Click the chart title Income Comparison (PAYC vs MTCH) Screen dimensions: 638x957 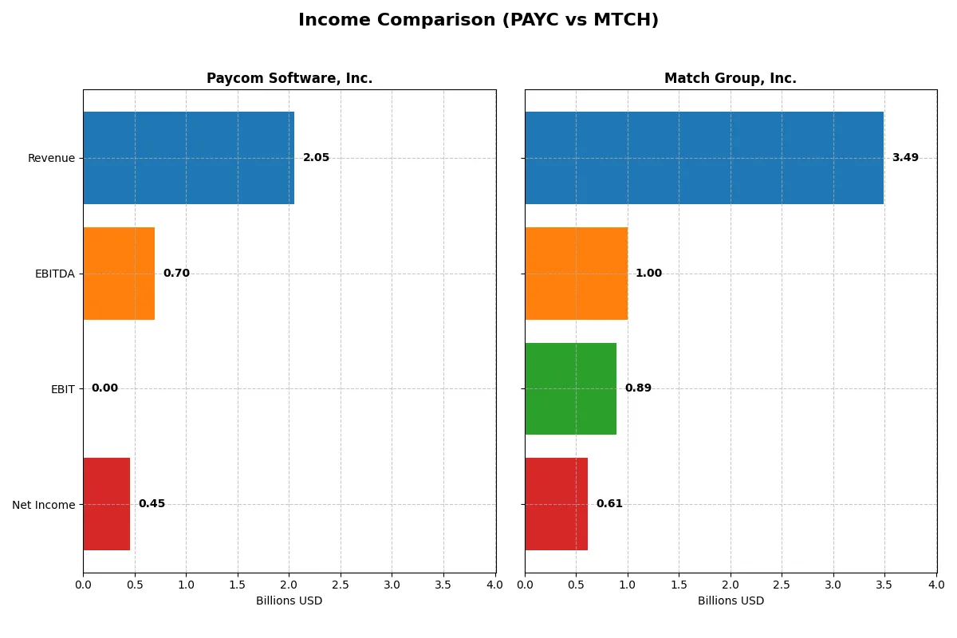[478, 21]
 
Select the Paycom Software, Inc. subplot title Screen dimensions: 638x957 [289, 79]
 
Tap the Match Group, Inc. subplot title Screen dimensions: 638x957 [731, 79]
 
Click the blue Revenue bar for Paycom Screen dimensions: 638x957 [188, 158]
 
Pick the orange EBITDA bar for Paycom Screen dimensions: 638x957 [119, 274]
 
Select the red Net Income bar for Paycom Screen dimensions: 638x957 [106, 504]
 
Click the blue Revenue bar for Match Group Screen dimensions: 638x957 [704, 158]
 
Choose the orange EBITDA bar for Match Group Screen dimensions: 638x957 [576, 274]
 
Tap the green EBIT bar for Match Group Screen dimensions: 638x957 [570, 388]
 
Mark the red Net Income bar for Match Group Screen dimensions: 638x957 [556, 504]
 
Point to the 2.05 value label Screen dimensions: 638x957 [316, 158]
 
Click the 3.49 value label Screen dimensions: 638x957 [905, 158]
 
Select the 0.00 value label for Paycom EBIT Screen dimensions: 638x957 [104, 388]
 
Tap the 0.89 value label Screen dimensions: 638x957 [638, 388]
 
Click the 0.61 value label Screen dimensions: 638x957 [609, 504]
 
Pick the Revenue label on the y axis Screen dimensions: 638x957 [51, 159]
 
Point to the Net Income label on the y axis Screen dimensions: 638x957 [43, 505]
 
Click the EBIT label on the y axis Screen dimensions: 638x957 [62, 389]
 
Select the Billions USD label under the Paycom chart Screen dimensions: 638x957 [289, 601]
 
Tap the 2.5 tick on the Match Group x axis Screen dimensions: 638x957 [782, 585]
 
